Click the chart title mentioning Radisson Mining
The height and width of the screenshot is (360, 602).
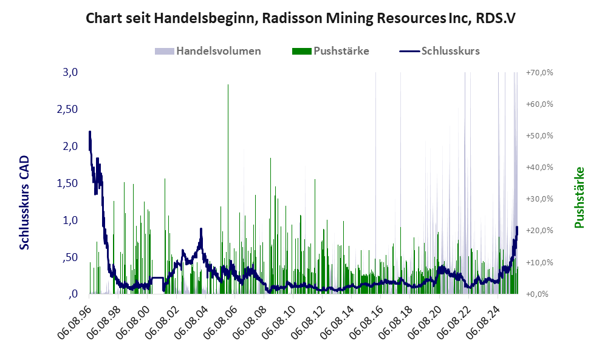click(x=301, y=18)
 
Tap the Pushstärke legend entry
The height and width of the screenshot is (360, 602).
click(x=341, y=51)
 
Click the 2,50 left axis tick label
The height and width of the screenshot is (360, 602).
click(x=66, y=109)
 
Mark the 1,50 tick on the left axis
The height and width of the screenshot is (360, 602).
click(x=66, y=183)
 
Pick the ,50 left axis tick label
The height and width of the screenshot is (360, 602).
click(x=70, y=257)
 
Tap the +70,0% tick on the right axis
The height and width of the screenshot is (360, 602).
click(x=539, y=72)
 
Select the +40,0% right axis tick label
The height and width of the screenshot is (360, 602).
click(x=539, y=167)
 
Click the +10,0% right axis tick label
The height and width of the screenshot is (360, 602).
click(x=539, y=262)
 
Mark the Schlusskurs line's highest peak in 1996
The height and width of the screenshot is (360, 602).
click(x=90, y=132)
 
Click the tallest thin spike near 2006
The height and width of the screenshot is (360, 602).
click(x=228, y=86)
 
